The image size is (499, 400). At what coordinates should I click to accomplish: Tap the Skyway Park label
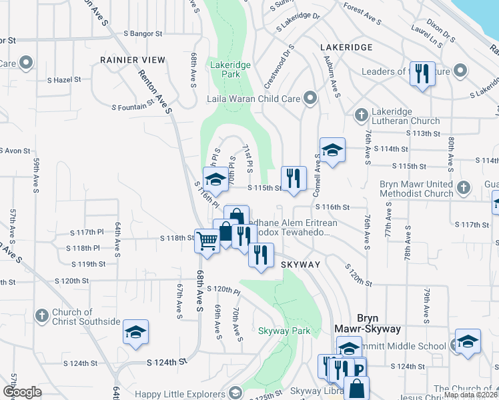pyautogui.click(x=285, y=331)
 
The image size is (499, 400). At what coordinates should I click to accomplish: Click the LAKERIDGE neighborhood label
pyautogui.click(x=346, y=48)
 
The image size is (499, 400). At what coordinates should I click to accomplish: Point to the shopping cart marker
pyautogui.click(x=207, y=242)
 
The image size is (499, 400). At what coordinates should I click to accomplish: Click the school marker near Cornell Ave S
pyautogui.click(x=332, y=151)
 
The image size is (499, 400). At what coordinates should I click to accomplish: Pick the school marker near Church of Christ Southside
pyautogui.click(x=135, y=333)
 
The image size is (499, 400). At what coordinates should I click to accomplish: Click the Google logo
pyautogui.click(x=21, y=392)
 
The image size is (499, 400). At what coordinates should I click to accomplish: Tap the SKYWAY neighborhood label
pyautogui.click(x=300, y=265)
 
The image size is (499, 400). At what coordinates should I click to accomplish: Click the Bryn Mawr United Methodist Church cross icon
pyautogui.click(x=465, y=188)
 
